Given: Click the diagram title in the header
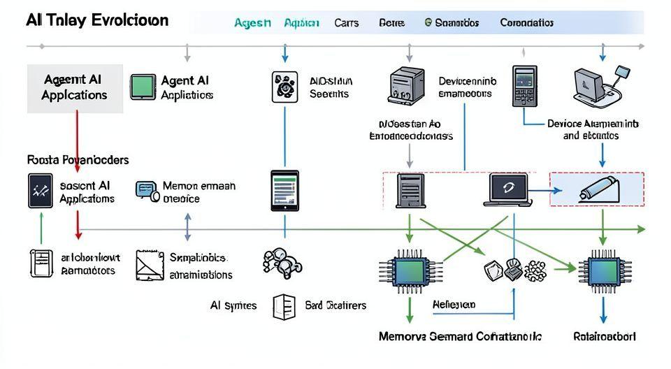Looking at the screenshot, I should (97, 20).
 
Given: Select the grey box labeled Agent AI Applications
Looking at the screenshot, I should (75, 88).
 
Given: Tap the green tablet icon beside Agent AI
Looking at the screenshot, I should (143, 87).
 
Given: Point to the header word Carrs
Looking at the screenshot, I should (347, 22).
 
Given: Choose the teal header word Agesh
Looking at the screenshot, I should (252, 22).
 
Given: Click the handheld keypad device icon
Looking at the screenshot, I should (524, 87).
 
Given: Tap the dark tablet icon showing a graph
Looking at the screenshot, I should (41, 191).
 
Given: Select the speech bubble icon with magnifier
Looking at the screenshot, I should (146, 190).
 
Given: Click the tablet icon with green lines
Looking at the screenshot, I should (284, 190).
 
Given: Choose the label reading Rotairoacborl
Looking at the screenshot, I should (605, 336).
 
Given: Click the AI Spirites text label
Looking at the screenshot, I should (233, 305).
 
